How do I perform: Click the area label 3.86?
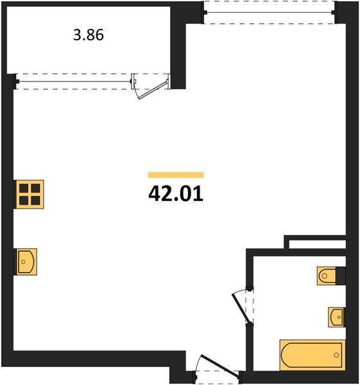[89, 35]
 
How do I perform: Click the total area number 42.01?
[175, 193]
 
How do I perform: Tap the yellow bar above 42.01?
[175, 175]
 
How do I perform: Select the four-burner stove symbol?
[30, 194]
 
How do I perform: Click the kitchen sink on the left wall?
[26, 261]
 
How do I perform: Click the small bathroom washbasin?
[336, 316]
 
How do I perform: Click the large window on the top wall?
[270, 12]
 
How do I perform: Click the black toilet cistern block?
[342, 276]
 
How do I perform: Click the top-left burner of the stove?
[25, 188]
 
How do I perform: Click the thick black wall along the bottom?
[90, 359]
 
